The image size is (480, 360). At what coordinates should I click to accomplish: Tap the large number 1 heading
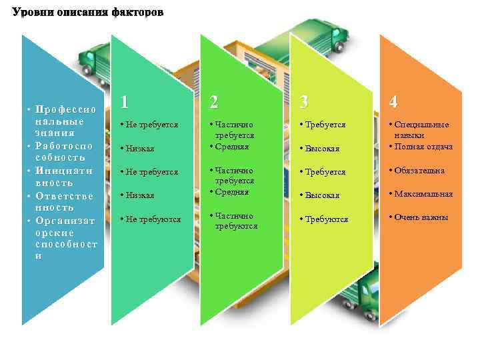point(125,101)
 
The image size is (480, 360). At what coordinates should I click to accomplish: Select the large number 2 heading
point(213,101)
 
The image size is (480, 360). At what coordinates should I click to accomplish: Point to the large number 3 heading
point(304,101)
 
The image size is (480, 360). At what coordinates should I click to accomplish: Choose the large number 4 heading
point(394,101)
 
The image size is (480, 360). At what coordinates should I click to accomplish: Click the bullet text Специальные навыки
point(421,129)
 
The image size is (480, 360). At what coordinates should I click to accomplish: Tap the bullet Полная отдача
point(423,147)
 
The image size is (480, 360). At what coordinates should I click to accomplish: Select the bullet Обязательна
point(419,171)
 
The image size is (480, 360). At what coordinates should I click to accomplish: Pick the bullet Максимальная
point(423,194)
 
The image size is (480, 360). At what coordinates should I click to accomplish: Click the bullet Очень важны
point(421,217)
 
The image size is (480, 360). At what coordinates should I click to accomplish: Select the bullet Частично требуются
point(235,221)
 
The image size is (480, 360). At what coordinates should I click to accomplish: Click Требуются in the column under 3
point(327,219)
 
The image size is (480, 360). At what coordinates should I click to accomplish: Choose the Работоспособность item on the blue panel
point(63,151)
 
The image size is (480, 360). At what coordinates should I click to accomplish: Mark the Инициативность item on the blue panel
point(63,177)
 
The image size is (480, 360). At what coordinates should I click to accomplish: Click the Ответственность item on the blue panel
point(63,201)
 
